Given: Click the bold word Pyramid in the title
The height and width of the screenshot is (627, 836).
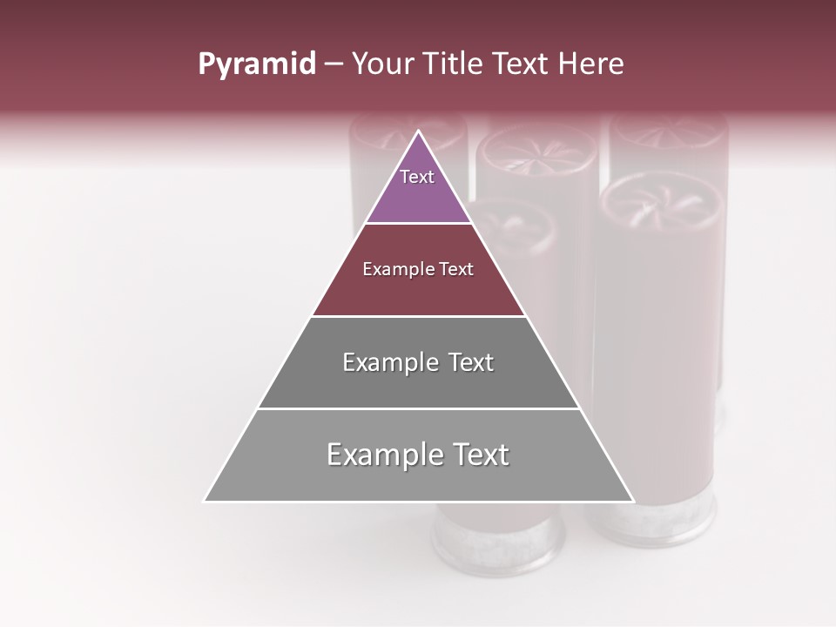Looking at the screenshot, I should click(256, 64).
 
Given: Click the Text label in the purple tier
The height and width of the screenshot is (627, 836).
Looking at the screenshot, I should click(417, 177).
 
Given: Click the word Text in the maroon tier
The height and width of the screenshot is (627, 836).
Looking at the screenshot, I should click(456, 269).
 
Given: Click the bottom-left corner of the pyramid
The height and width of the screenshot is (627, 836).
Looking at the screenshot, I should click(205, 501).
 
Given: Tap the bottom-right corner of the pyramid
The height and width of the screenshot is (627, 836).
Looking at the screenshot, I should click(633, 501).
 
